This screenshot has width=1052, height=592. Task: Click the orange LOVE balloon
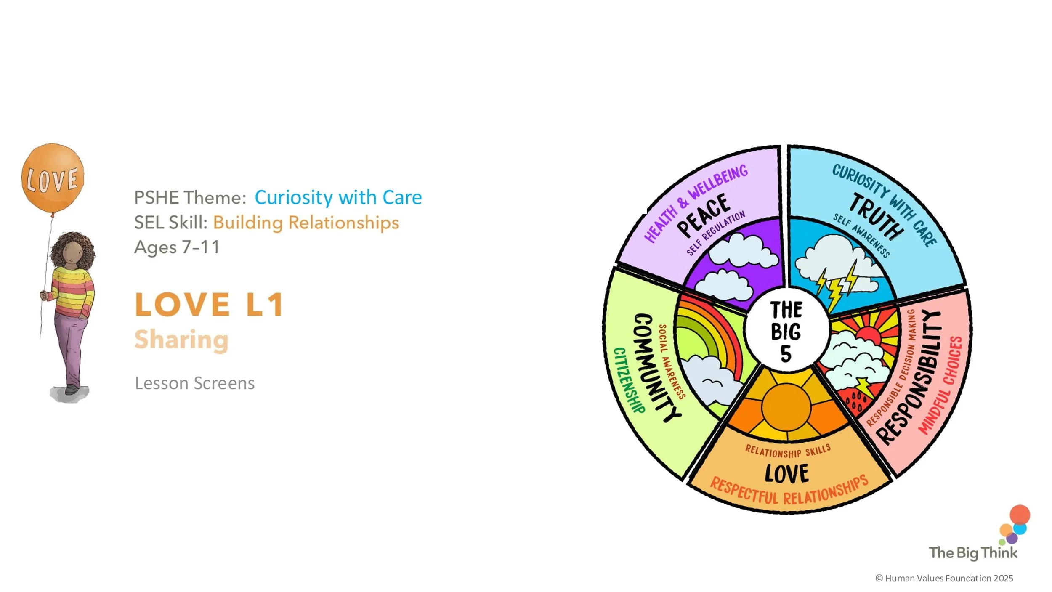click(53, 178)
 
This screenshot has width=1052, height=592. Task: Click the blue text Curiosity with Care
click(338, 197)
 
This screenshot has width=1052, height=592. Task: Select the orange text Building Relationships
click(306, 223)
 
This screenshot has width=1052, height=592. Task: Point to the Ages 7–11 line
click(177, 247)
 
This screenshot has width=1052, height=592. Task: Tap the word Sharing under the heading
click(181, 340)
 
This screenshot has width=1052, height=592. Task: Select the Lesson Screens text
click(194, 383)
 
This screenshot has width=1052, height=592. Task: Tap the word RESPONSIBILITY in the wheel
click(914, 376)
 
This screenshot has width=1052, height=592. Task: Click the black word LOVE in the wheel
click(786, 473)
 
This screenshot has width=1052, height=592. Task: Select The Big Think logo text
click(973, 553)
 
